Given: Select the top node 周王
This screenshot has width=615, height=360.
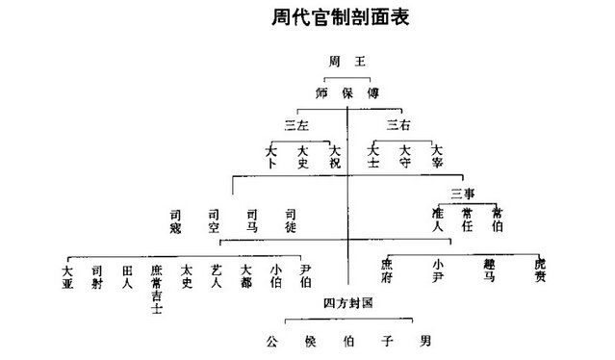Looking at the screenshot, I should [346, 61].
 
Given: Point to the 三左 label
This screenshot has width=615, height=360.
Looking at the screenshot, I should [297, 125].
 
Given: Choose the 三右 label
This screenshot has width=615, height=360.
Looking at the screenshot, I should [397, 125].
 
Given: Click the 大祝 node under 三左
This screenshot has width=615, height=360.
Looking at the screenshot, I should [334, 156].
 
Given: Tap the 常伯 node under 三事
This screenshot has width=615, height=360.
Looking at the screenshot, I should [497, 219].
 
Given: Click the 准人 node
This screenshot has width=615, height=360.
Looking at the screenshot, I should [436, 219].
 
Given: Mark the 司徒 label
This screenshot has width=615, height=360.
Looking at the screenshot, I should [290, 219].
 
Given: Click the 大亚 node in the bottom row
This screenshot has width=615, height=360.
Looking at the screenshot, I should [66, 276].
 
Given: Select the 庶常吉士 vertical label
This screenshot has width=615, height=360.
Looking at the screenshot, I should [156, 289].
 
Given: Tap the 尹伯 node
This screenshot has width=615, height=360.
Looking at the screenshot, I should [305, 276].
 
